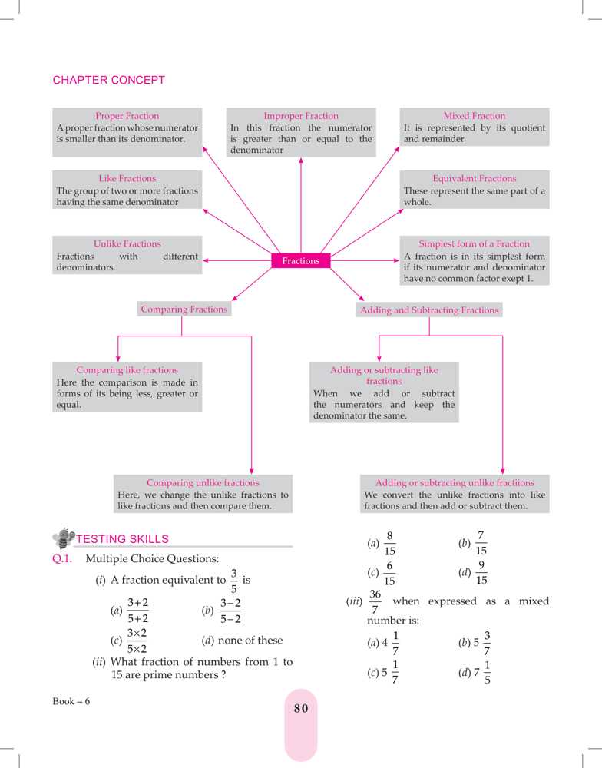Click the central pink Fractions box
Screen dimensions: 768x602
point(301,261)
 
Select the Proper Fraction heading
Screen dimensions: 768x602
point(127,116)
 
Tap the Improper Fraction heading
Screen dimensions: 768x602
point(301,116)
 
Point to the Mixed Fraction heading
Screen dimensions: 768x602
point(475,116)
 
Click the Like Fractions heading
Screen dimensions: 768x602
point(127,178)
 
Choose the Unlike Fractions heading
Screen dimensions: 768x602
point(127,243)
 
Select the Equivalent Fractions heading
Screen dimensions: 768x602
point(475,178)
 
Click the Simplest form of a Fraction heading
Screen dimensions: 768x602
point(475,243)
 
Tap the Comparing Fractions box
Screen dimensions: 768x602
point(184,310)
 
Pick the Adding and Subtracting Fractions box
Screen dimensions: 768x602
point(429,310)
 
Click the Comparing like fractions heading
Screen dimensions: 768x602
point(127,370)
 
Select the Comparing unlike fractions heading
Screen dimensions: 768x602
point(203,483)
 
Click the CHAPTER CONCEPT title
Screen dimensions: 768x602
point(108,80)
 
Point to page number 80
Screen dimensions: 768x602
point(301,709)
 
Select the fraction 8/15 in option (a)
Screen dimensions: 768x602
point(390,542)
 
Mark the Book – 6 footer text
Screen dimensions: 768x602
point(71,703)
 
